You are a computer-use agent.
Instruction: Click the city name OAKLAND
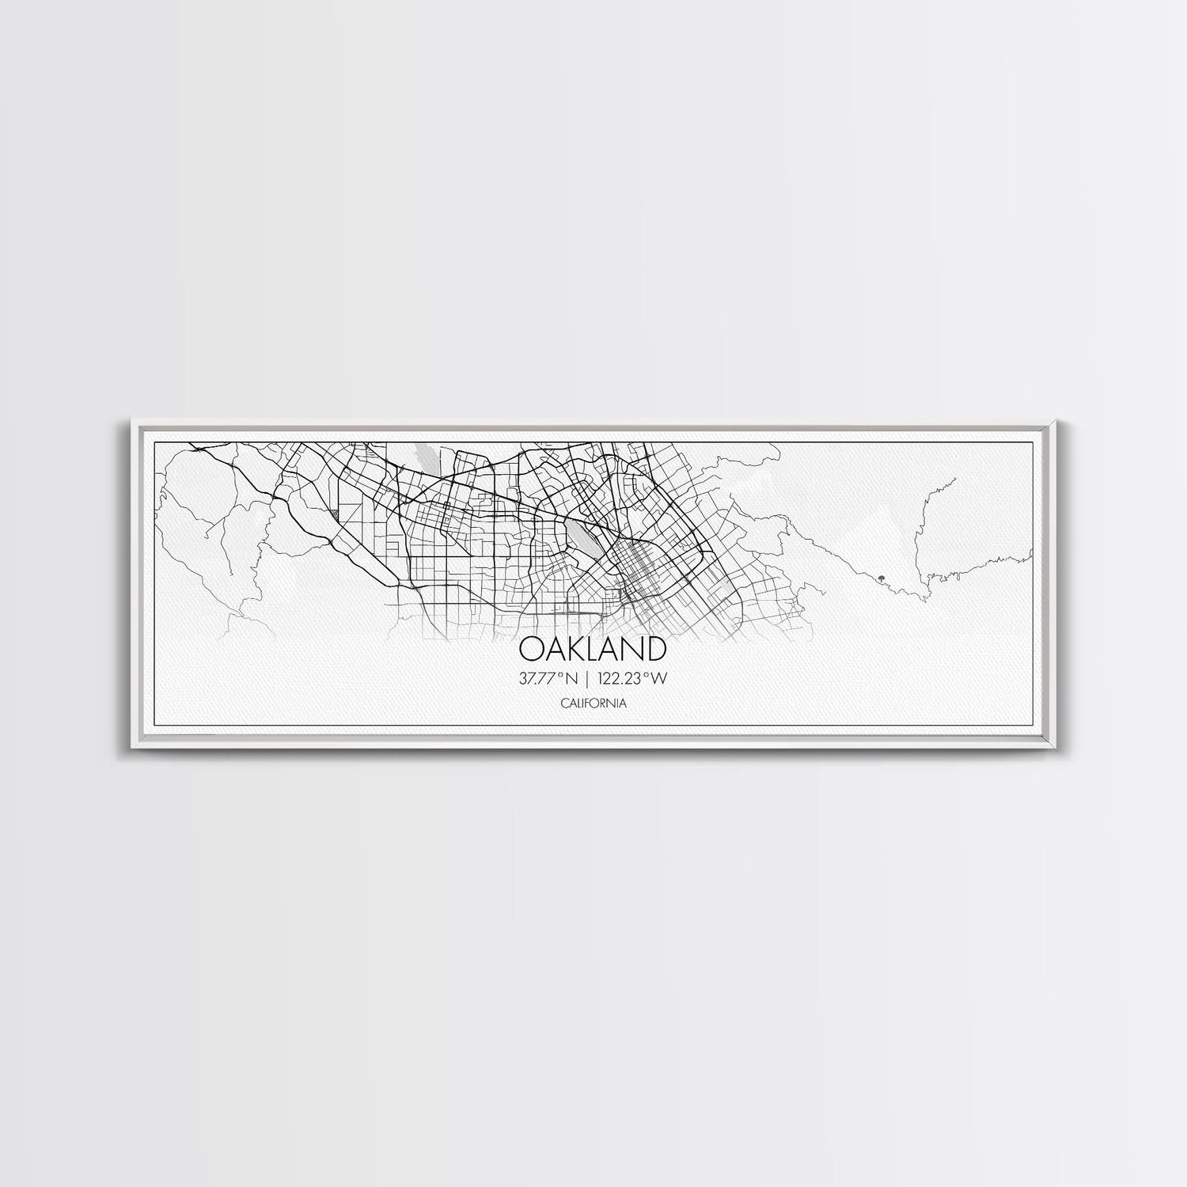pos(593,648)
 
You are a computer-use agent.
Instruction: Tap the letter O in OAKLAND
pos(531,648)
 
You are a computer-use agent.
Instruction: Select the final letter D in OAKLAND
pos(654,648)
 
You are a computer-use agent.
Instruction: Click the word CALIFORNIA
pos(593,702)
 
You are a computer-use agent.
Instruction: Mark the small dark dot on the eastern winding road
pos(880,578)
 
